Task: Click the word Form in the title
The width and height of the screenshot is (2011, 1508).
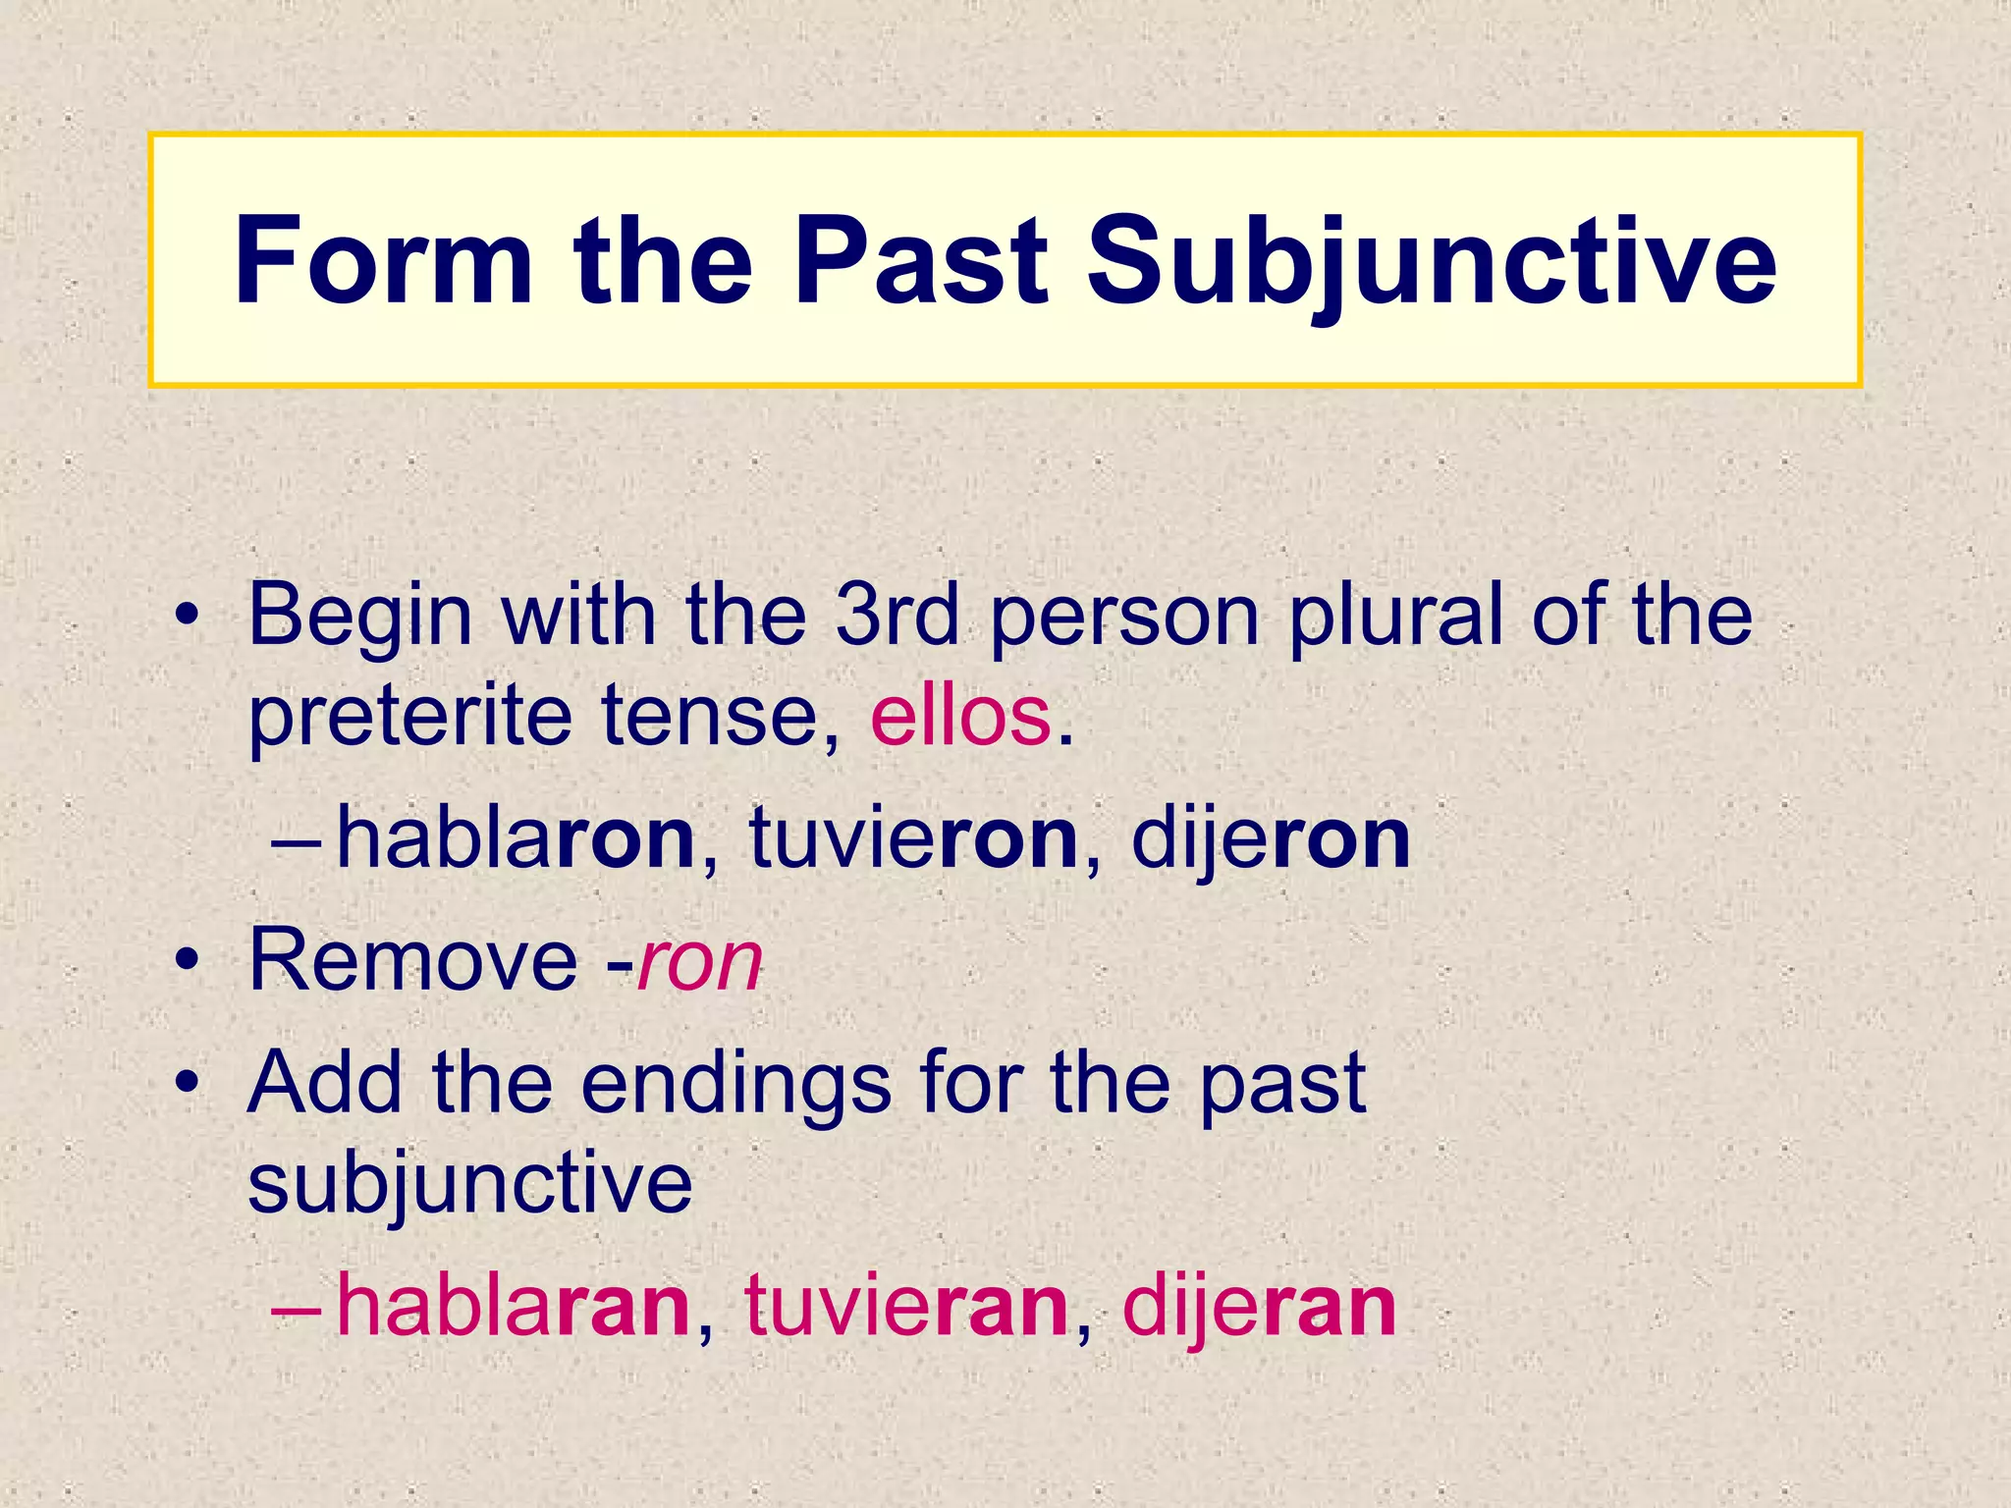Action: [383, 262]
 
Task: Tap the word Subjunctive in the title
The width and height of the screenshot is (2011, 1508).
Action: [1432, 262]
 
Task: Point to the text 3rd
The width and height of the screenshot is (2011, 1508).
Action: [897, 616]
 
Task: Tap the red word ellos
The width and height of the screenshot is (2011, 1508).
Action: [959, 717]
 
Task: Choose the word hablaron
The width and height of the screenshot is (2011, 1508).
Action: [516, 839]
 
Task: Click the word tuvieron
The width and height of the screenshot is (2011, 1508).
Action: [913, 839]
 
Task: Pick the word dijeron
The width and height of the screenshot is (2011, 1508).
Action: [1271, 839]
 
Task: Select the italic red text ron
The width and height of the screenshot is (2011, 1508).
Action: [700, 962]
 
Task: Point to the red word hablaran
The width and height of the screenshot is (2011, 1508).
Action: [513, 1307]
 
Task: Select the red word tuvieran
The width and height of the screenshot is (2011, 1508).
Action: [905, 1307]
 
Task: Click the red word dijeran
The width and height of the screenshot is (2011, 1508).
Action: [1259, 1307]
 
